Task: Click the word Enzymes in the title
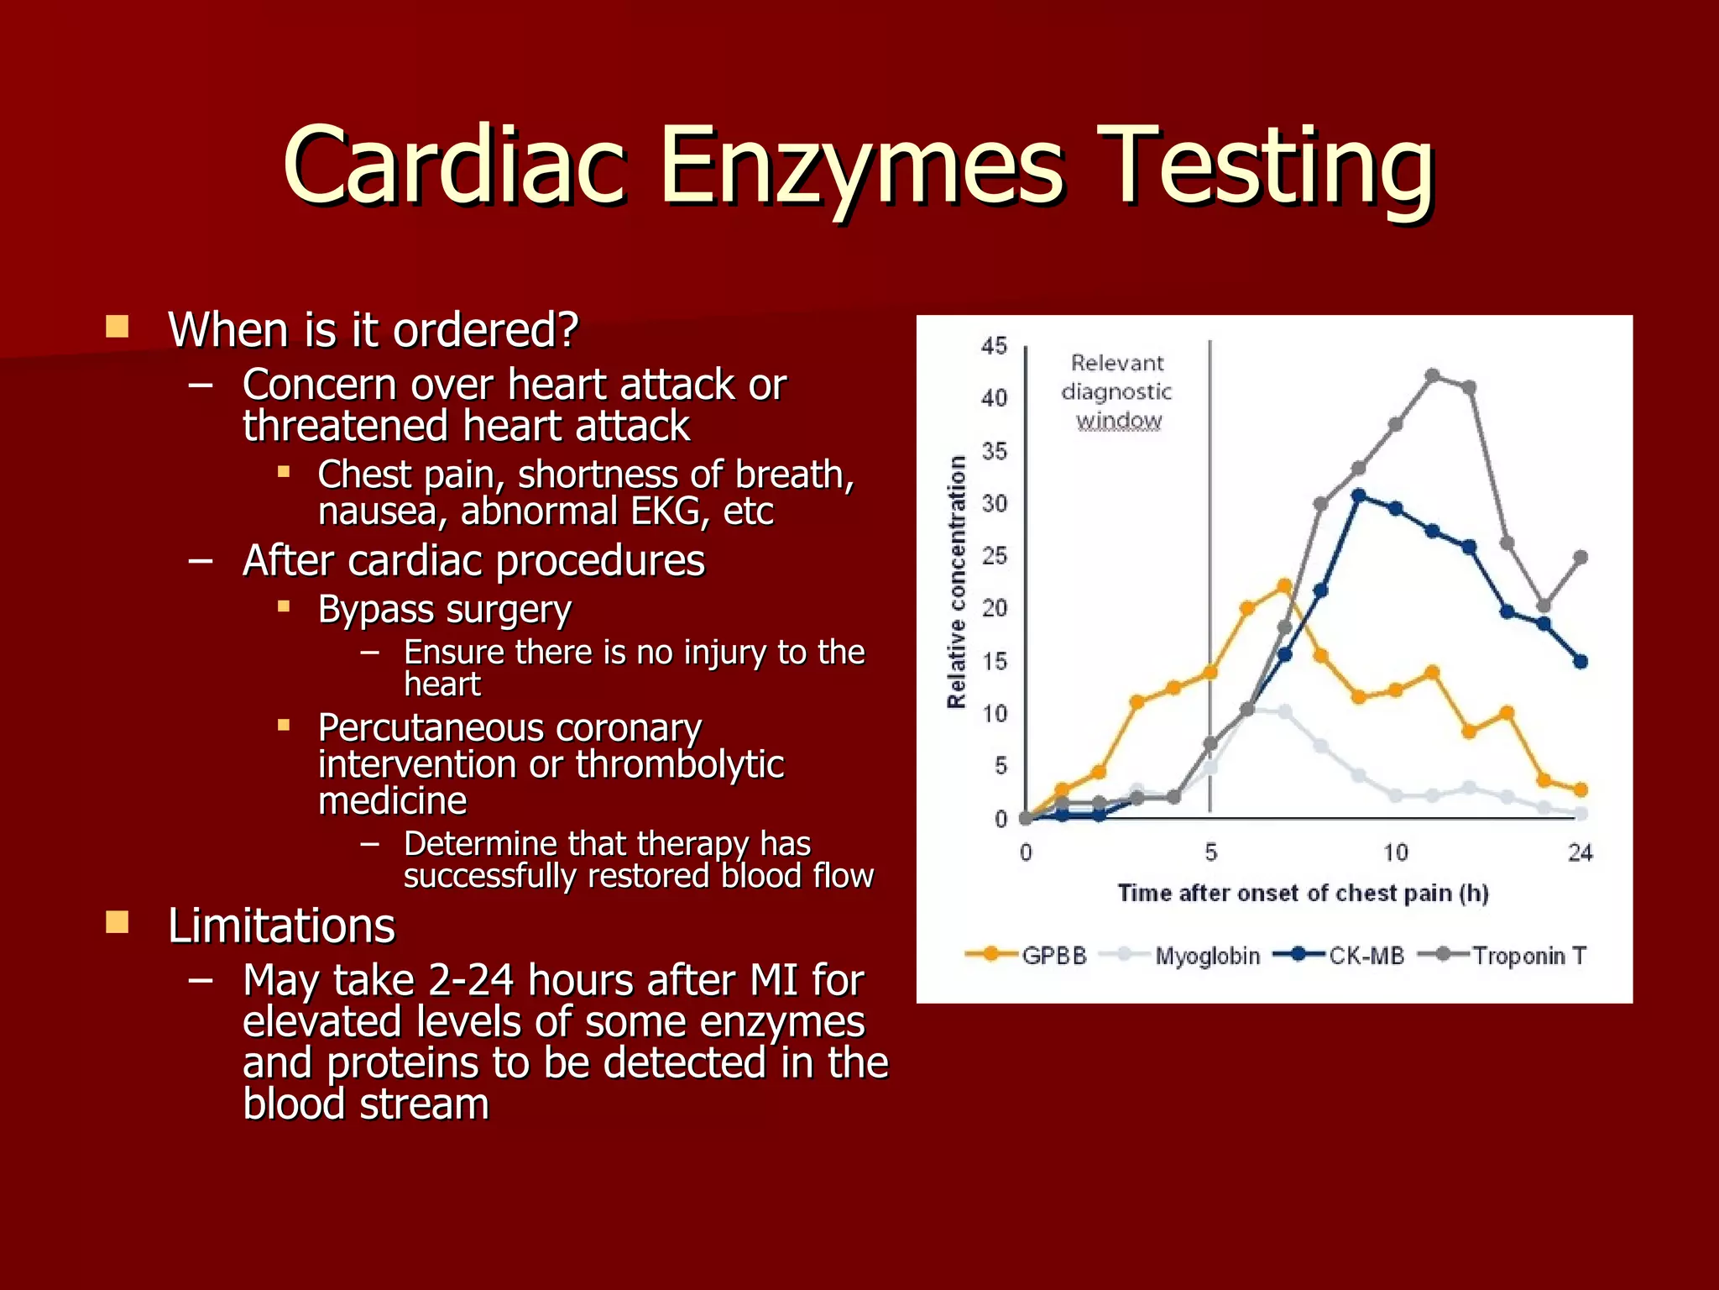862,165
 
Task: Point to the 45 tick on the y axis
994,346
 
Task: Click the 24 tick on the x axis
1580,853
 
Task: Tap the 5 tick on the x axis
1210,853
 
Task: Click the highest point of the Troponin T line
1433,375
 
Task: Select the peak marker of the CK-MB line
1359,496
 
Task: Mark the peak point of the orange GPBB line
1284,585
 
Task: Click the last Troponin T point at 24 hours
1581,557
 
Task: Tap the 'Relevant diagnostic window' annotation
1117,391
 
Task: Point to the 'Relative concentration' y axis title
957,582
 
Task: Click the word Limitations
281,926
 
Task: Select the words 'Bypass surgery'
445,610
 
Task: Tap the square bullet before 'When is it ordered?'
118,326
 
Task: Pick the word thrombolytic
680,764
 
